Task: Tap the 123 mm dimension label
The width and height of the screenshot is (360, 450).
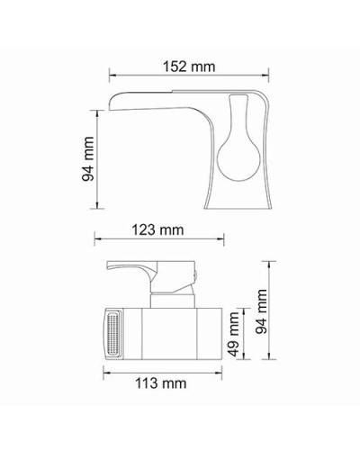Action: coord(157,229)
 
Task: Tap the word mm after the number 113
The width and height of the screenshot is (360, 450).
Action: coord(175,383)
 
